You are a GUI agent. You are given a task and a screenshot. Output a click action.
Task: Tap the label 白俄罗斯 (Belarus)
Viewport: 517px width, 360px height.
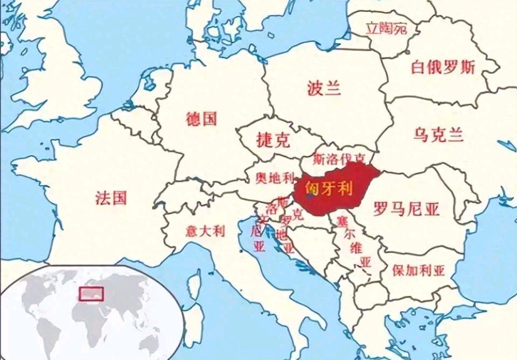pos(443,68)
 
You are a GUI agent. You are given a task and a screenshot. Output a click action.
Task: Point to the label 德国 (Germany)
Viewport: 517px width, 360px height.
pos(201,118)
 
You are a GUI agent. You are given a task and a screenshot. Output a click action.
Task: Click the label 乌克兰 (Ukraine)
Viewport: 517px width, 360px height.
pos(439,135)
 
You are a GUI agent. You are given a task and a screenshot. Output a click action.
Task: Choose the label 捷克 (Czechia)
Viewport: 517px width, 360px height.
pos(273,140)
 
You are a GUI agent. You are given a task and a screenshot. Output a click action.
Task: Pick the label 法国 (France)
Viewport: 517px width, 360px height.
pos(111,197)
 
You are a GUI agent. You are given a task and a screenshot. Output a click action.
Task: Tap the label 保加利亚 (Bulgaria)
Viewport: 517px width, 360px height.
pos(418,270)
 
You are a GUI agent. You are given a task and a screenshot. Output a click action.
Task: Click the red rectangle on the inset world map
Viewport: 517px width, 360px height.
pos(91,293)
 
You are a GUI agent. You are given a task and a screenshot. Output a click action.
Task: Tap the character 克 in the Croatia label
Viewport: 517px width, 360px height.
pos(297,215)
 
